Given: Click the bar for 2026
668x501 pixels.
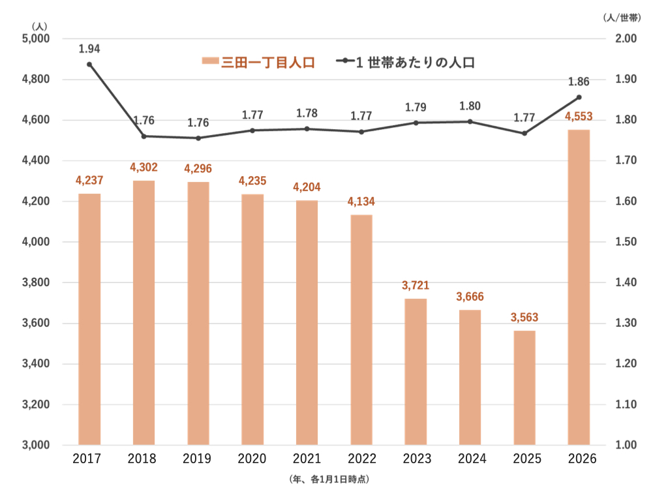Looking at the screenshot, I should (579, 287).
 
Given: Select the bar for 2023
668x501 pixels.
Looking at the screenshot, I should (416, 372).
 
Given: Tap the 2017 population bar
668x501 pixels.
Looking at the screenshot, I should (89, 320).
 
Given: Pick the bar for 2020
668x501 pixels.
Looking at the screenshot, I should (252, 320).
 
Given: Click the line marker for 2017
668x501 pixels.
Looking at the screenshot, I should (89, 64).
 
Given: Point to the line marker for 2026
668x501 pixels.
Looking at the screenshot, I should (579, 97).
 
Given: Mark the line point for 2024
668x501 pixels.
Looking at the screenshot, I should (470, 121).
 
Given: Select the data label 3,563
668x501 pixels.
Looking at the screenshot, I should (524, 318).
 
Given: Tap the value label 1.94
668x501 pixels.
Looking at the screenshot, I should (89, 48).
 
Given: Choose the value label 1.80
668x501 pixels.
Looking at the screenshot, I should (470, 106).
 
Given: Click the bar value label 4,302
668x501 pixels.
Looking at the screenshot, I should (144, 168).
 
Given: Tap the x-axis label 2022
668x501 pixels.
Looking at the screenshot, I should (361, 459).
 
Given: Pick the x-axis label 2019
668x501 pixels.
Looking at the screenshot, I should (198, 459).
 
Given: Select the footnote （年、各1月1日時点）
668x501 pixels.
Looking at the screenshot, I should (329, 479).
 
